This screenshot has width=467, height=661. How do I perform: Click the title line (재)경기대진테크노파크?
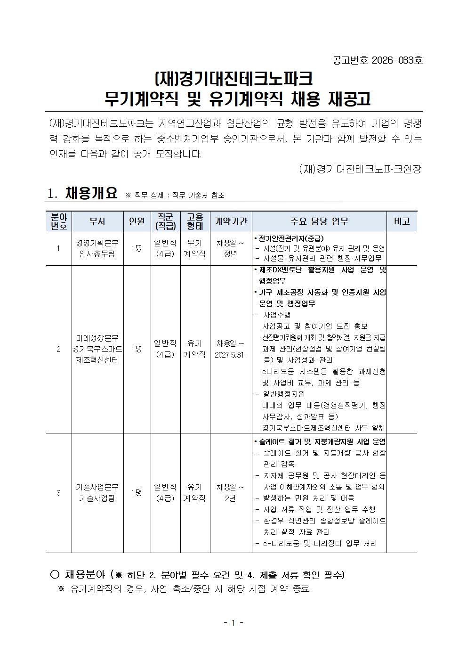coord(233,79)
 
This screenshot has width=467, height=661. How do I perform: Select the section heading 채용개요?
coord(91,193)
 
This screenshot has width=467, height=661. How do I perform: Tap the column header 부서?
coord(97,221)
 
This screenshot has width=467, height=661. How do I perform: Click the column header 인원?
coord(137,221)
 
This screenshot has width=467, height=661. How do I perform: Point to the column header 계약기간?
coord(231,221)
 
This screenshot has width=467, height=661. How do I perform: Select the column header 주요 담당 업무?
coord(319,221)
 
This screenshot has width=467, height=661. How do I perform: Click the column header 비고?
coord(401,221)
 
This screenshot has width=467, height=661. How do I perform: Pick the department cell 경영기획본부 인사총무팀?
coord(97,248)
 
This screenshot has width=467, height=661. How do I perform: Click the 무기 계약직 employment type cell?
coord(194,248)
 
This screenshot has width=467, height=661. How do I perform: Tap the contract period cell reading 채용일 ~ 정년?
coord(230,248)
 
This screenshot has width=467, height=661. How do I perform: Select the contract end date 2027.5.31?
coord(230,354)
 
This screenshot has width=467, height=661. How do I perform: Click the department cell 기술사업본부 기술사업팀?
coord(97,492)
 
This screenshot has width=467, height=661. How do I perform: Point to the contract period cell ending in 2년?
coord(230,492)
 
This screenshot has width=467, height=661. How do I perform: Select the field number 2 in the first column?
coord(58,349)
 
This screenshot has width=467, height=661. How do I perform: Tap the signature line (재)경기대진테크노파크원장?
coord(360,169)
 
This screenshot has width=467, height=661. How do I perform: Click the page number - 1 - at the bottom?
coord(233,623)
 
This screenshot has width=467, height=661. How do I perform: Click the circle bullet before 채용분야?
coord(55,574)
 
